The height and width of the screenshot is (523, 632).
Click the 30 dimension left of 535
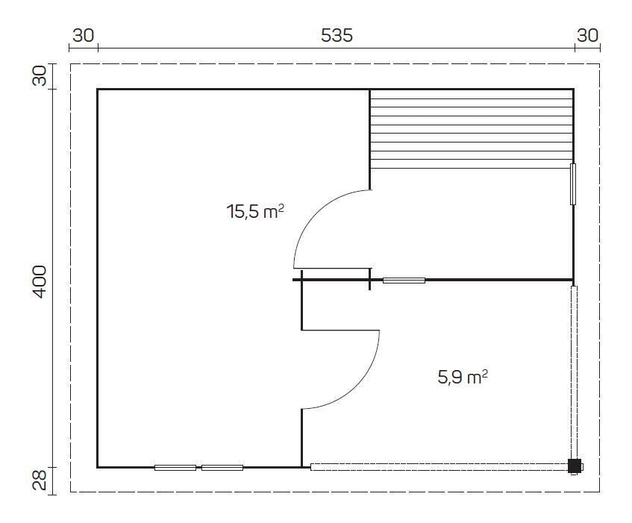(83, 35)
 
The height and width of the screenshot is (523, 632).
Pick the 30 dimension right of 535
(587, 35)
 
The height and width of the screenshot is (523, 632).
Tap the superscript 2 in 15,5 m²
(281, 208)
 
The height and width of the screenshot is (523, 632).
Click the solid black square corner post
(574, 466)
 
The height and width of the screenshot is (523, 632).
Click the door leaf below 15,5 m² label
(332, 268)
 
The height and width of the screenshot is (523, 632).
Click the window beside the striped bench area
(573, 184)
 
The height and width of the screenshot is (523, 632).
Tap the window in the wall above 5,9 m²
(404, 281)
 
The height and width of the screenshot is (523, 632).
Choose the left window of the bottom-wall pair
(175, 468)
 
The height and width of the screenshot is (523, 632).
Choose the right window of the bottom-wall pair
(222, 468)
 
